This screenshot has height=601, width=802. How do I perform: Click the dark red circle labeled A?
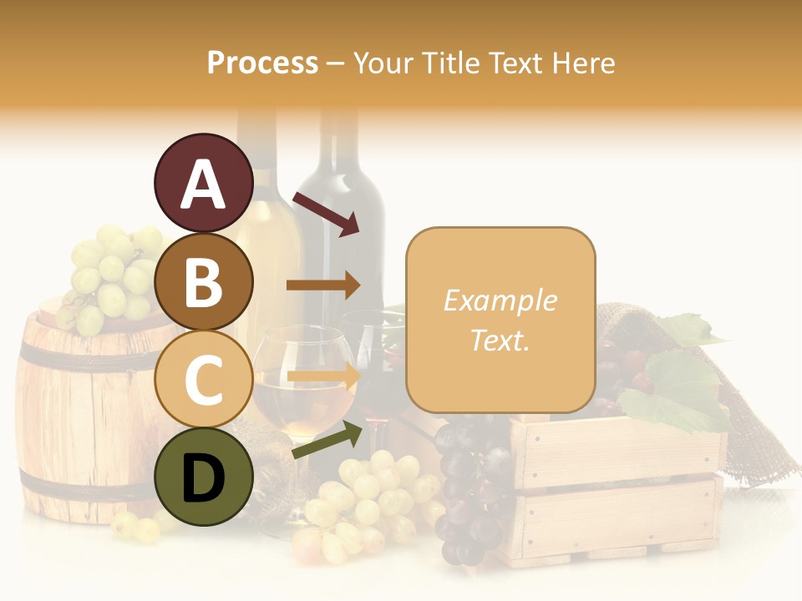pyautogui.click(x=203, y=183)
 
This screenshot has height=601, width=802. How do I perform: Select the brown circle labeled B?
pyautogui.click(x=203, y=281)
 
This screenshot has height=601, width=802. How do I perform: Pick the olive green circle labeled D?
pyautogui.click(x=203, y=477)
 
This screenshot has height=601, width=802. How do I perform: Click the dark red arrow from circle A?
pyautogui.click(x=326, y=215)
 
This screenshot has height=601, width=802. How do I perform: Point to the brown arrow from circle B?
pyautogui.click(x=323, y=285)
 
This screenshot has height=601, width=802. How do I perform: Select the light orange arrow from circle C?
pyautogui.click(x=323, y=376)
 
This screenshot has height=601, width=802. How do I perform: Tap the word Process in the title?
pyautogui.click(x=262, y=63)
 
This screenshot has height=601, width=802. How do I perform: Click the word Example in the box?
pyautogui.click(x=500, y=300)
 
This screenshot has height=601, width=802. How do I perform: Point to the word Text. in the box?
pyautogui.click(x=500, y=340)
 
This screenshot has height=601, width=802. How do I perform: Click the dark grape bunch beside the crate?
pyautogui.click(x=472, y=484)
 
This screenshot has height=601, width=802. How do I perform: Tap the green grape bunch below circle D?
pyautogui.click(x=368, y=501)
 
